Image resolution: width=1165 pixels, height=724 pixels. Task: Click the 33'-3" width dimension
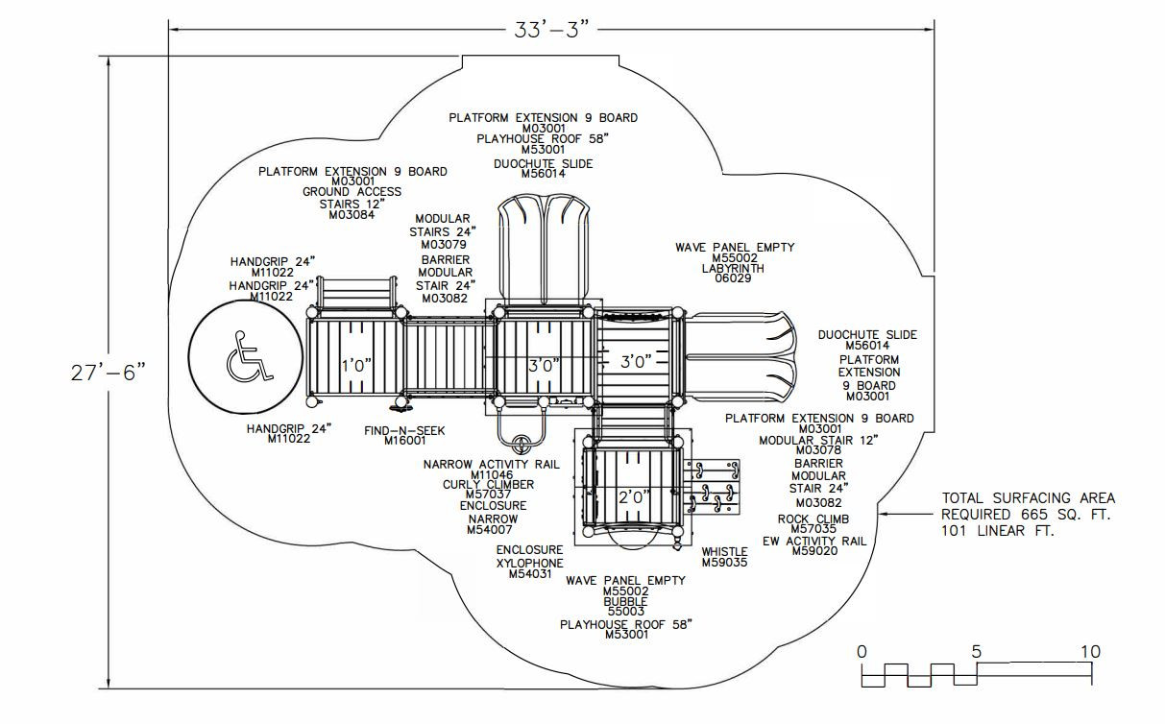552,30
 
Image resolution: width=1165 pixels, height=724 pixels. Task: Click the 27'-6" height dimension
109,373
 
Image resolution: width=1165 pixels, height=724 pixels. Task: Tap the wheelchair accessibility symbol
249,356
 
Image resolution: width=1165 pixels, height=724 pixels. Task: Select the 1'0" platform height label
356,366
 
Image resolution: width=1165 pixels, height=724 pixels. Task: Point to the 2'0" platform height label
634,497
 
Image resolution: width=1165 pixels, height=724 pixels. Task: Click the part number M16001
404,441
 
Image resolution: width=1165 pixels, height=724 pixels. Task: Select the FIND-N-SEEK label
404,430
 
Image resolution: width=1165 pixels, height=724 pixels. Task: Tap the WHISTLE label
724,552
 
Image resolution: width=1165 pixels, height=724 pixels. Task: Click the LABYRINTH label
733,269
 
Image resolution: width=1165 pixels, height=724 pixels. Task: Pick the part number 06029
733,278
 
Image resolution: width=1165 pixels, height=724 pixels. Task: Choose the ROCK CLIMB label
813,519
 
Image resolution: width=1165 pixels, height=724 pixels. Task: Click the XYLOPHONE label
529,564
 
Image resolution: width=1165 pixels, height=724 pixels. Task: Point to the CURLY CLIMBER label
488,485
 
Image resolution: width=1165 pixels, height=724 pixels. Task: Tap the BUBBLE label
625,602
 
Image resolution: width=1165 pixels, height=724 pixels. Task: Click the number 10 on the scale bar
1091,652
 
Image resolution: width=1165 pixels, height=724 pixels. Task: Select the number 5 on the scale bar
976,652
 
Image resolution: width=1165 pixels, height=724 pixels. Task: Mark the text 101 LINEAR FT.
998,531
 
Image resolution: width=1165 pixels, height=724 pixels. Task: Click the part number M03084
352,215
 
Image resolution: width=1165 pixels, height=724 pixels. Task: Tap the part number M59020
815,551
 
